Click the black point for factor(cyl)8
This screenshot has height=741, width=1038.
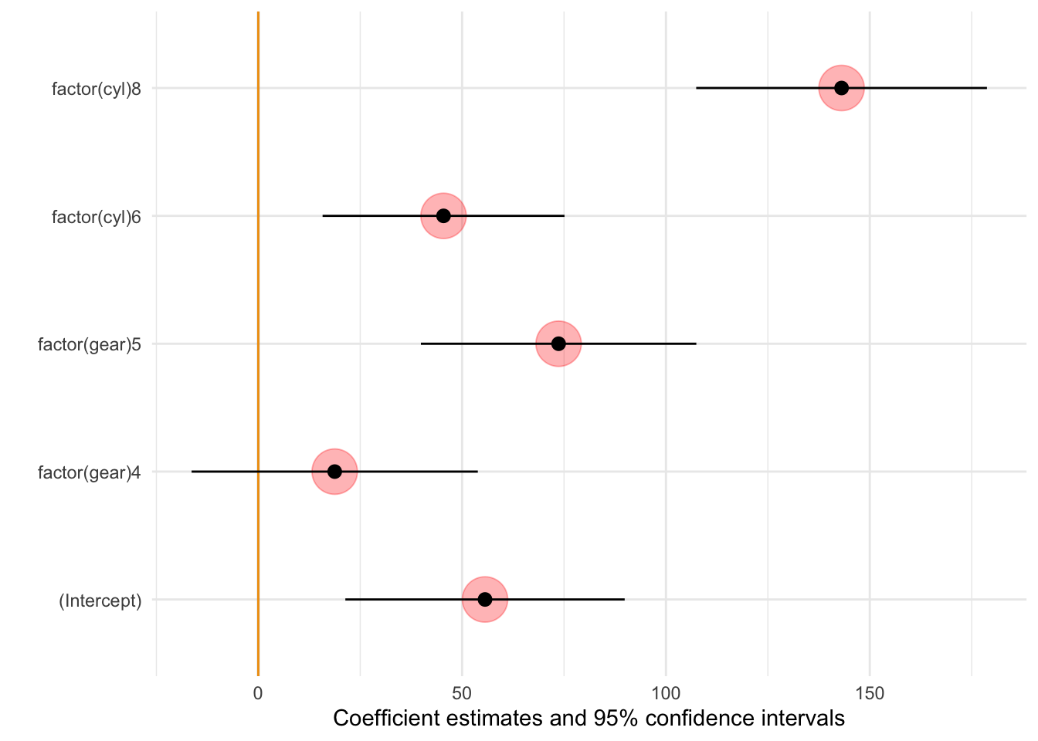coord(841,88)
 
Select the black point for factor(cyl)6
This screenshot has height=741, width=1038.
coord(443,215)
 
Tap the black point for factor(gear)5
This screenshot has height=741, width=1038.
coord(558,343)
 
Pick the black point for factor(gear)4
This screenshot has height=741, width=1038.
coord(334,472)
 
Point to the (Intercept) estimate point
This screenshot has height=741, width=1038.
coord(485,599)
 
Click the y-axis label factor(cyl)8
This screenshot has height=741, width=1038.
coord(97,88)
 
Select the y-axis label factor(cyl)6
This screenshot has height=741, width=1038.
coord(97,216)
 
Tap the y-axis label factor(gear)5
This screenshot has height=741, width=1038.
coord(90,344)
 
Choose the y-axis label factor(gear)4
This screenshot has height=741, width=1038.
coord(90,472)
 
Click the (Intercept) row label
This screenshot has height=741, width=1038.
coord(100,601)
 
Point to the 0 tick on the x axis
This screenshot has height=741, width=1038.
coord(258,692)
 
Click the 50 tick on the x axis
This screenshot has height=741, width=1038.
coord(462,692)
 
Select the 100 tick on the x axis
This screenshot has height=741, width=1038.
coord(666,692)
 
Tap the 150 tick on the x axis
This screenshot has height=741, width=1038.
coord(870,692)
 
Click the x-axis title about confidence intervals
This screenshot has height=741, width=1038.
coord(589,719)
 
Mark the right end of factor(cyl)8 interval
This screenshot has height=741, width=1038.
coord(986,88)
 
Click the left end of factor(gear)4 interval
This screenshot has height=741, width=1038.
coord(192,472)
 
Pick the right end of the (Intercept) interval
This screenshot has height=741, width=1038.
coord(624,599)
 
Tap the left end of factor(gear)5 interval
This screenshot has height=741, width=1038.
coord(421,343)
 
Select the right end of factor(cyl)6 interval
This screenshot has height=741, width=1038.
coord(564,215)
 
